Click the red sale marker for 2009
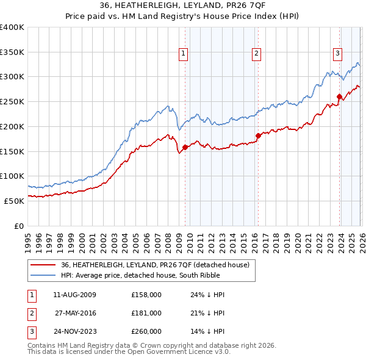tap(185, 146)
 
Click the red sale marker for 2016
tap(258, 135)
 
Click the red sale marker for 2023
tap(339, 96)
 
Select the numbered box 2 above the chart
tap(256, 54)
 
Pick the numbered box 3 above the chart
tap(337, 54)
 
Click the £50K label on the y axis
tap(14, 201)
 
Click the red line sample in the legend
tap(44, 265)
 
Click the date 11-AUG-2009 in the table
tap(75, 295)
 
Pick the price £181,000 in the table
tap(146, 313)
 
